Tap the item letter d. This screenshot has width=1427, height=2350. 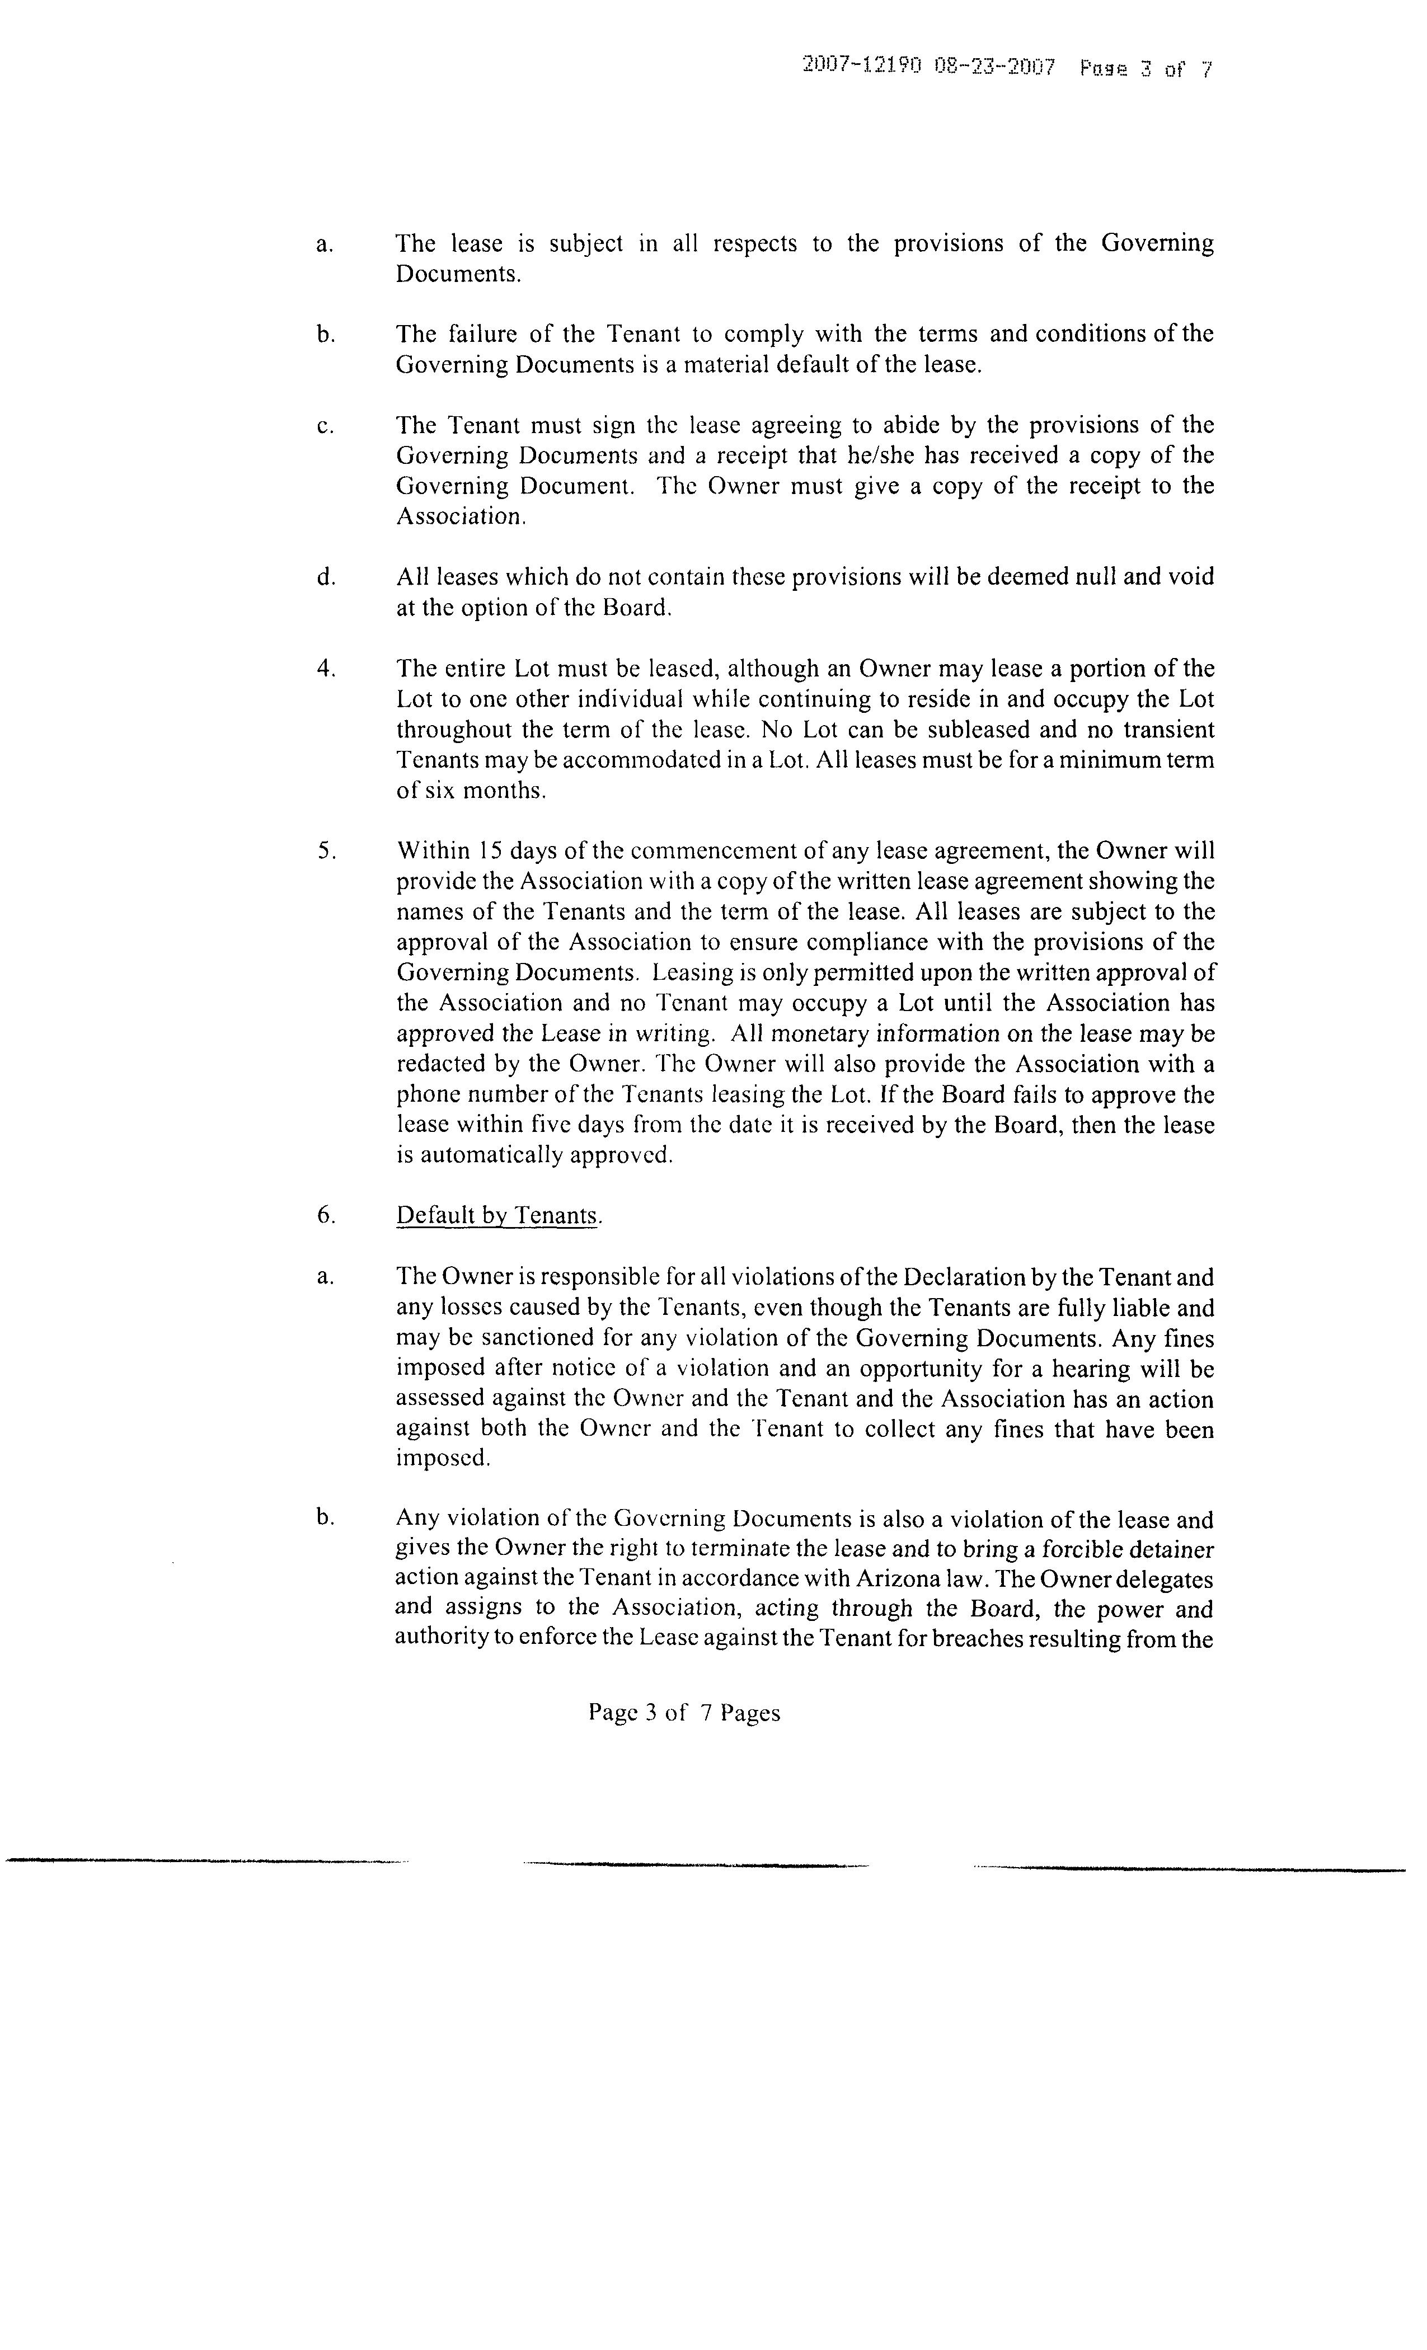point(325,577)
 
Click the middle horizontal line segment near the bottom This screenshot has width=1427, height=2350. point(696,1864)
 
